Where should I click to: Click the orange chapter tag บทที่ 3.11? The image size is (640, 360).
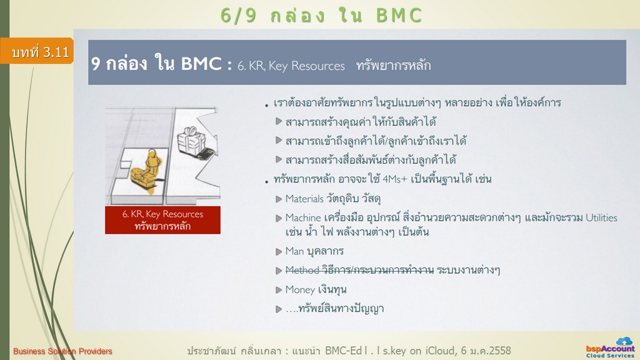tap(37, 51)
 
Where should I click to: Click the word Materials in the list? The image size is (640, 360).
tap(304, 199)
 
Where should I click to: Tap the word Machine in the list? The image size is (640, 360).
tap(303, 218)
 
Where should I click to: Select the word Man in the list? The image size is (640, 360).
tap(294, 251)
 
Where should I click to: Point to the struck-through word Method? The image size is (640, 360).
tap(302, 270)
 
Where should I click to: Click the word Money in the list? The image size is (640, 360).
tap(300, 290)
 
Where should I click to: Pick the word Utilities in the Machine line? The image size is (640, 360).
tap(601, 217)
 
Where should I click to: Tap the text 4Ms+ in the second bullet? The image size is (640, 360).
tap(395, 179)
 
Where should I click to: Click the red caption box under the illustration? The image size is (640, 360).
tap(162, 220)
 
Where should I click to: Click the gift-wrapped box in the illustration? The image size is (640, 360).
tap(191, 141)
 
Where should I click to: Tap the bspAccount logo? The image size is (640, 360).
tap(610, 348)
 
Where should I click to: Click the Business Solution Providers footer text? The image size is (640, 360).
tap(62, 351)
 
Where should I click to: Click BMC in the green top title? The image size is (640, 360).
tap(399, 16)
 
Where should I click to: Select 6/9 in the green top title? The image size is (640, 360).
tap(238, 16)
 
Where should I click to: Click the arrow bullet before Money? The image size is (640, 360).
tap(279, 290)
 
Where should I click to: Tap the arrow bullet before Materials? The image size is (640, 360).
tap(279, 199)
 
